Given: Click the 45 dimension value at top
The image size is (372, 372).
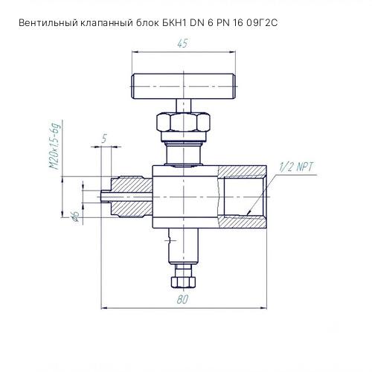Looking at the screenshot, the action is tap(182, 43).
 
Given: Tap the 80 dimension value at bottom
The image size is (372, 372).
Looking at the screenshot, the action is tap(182, 299).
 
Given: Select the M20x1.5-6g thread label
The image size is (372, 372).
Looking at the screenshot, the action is tap(55, 146).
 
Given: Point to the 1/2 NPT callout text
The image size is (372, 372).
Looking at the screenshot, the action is tap(296, 167).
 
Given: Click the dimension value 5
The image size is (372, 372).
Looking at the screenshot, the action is tap(104, 138).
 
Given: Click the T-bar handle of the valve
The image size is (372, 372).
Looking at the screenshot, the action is tap(183, 86).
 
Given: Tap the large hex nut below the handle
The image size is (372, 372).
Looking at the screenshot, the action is tap(183, 122).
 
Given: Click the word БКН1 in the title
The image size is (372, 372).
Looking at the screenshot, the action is tap(174, 23).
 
